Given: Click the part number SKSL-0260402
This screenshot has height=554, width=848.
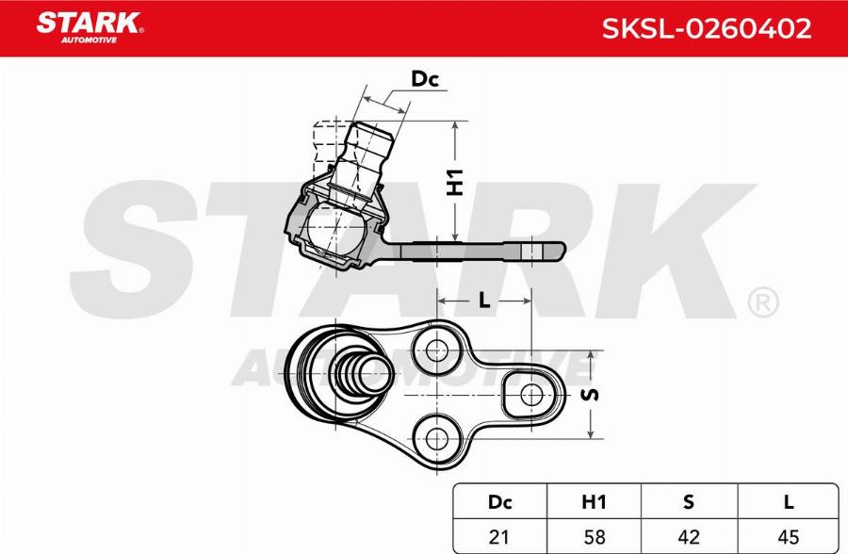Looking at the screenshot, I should [x=706, y=28].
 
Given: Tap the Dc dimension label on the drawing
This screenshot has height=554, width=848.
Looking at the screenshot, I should [x=425, y=79].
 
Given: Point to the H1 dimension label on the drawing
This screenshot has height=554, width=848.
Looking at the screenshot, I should [x=455, y=181].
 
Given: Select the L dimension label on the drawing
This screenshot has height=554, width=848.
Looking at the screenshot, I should [x=483, y=301].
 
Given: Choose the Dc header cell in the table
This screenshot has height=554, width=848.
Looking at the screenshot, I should [x=500, y=503].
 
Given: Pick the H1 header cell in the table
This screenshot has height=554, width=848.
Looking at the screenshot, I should [x=595, y=503].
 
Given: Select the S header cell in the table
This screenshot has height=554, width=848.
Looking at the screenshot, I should [x=689, y=503].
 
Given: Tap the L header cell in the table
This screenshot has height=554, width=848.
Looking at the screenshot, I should [x=788, y=503].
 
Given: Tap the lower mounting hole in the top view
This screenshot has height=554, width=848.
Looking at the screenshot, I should [x=436, y=437].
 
